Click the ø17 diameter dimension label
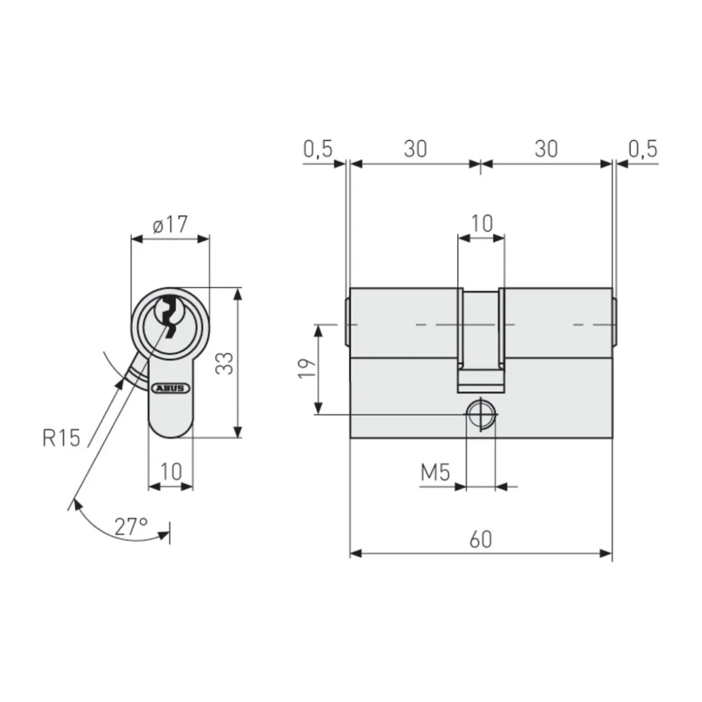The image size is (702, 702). click(170, 225)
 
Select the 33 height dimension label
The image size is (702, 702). click(225, 362)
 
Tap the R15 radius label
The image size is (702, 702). click(61, 437)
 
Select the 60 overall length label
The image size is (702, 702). click(481, 539)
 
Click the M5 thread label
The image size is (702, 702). click(436, 472)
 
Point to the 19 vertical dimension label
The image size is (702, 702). click(307, 369)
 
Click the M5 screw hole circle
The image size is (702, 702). click(481, 415)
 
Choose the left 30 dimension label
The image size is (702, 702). click(415, 149)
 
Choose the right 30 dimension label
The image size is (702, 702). click(546, 149)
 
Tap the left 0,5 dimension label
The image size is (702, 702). click(318, 149)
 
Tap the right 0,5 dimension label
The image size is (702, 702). click(643, 149)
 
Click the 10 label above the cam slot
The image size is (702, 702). click(482, 223)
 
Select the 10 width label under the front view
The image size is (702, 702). click(171, 471)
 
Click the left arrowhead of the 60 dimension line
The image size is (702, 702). click(356, 553)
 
